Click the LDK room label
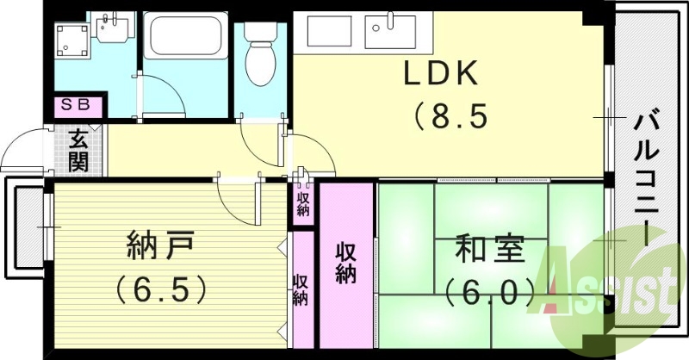click(x=440, y=73)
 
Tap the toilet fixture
click(x=261, y=53)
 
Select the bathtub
click(x=185, y=35)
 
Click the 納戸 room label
click(x=160, y=247)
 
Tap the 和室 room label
click(x=489, y=249)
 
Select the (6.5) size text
click(x=161, y=290)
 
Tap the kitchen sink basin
click(x=390, y=31)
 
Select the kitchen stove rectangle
click(x=329, y=31)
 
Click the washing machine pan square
click(x=72, y=40)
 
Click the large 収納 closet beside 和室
click(x=346, y=265)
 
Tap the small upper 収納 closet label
click(x=303, y=204)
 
